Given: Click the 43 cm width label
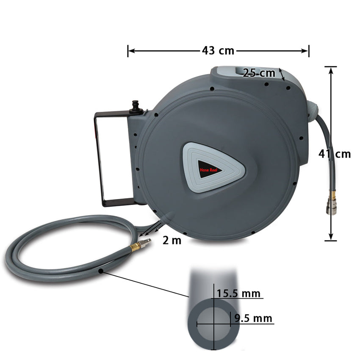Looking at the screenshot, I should [218, 51].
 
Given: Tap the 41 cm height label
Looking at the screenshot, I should [335, 154].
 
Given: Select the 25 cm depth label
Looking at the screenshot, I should [259, 73].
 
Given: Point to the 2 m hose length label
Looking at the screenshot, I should [172, 241].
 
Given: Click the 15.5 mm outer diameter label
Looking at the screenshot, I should [238, 294].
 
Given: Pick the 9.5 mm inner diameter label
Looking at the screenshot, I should [253, 318].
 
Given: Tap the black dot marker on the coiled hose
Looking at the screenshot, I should [101, 270].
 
